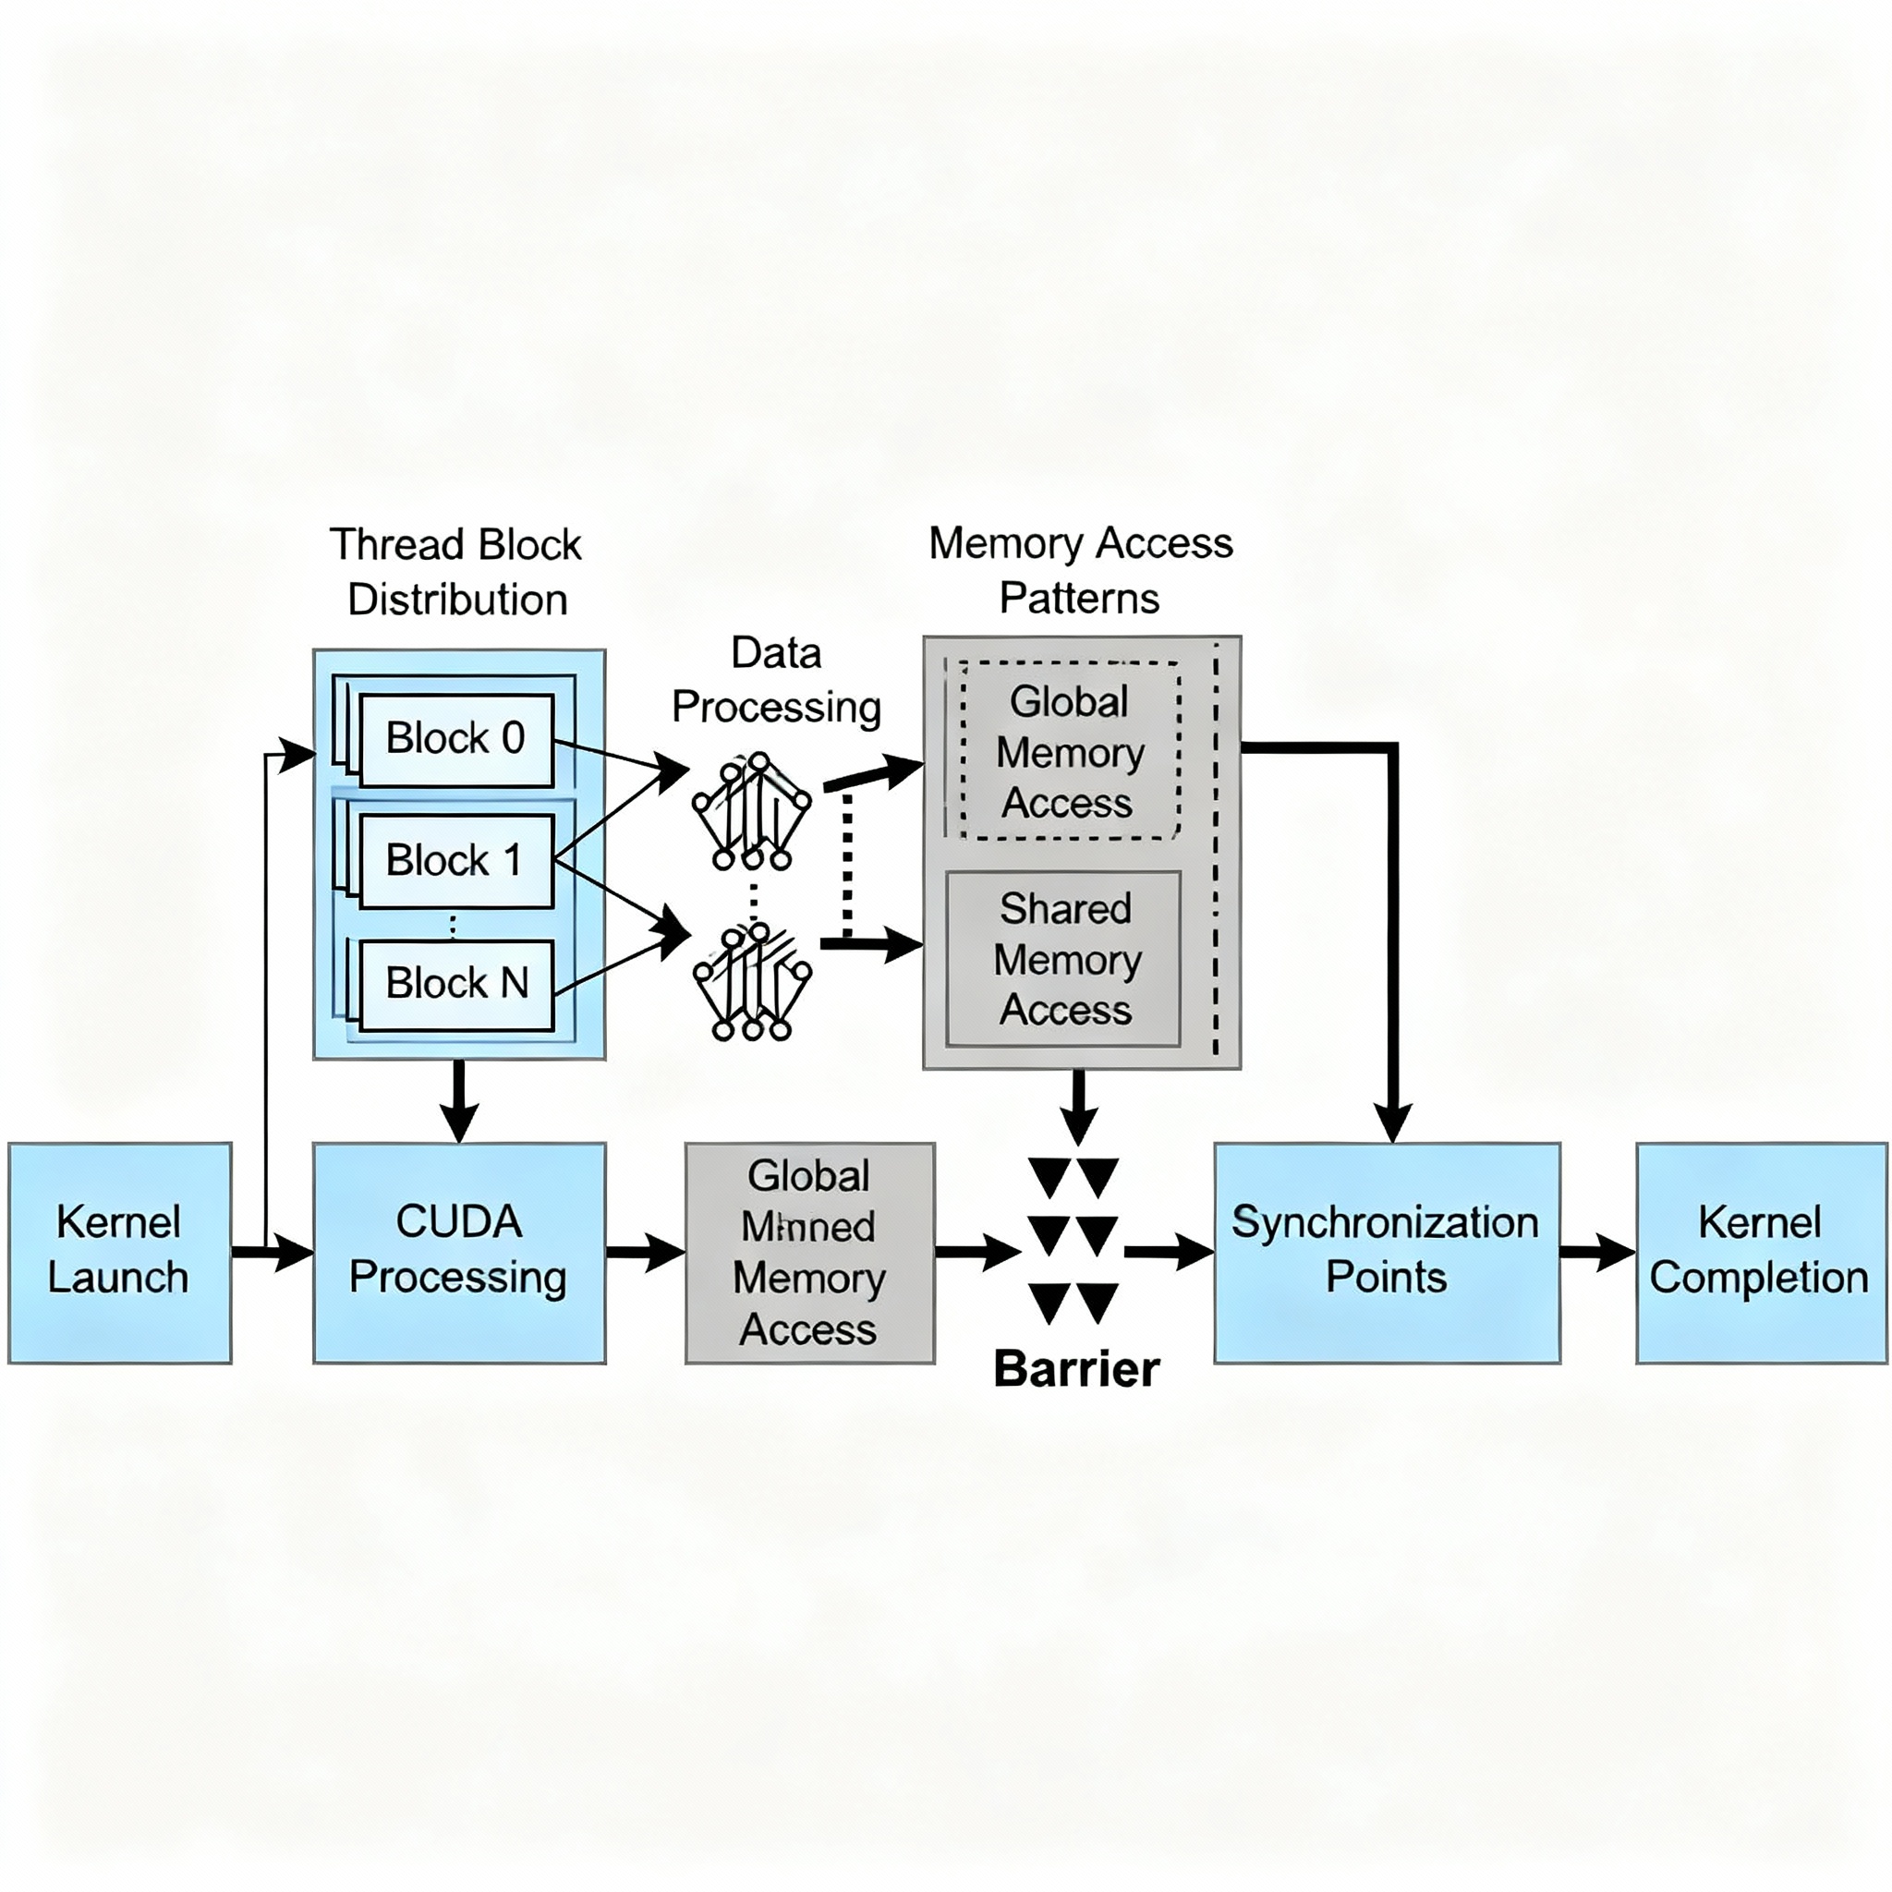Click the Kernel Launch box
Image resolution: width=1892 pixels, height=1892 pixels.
(x=119, y=1253)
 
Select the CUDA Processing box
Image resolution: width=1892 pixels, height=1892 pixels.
(x=458, y=1253)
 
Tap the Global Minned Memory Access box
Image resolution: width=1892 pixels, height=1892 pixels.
(x=809, y=1253)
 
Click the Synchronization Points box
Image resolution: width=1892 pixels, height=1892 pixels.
(x=1386, y=1253)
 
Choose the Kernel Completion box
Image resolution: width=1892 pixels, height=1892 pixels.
(x=1760, y=1253)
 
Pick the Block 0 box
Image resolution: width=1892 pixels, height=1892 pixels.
(x=456, y=739)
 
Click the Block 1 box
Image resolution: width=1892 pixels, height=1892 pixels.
(x=456, y=861)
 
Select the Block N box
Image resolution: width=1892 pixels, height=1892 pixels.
(x=456, y=984)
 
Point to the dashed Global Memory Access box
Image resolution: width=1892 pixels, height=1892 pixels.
(x=1070, y=752)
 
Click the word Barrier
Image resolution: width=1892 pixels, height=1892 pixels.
(x=1076, y=1368)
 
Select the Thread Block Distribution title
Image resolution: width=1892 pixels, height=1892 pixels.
(x=456, y=572)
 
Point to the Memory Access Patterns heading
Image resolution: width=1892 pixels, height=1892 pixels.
(x=1080, y=570)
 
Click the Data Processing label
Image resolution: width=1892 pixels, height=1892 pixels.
(x=777, y=681)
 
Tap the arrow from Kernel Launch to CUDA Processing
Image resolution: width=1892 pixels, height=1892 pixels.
(x=273, y=1253)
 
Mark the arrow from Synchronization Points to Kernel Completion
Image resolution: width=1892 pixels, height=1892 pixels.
(x=1597, y=1253)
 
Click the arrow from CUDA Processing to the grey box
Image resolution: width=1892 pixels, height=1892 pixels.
(x=645, y=1253)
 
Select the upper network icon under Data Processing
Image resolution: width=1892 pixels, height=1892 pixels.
(x=751, y=811)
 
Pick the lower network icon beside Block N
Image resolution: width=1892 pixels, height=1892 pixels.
(x=751, y=983)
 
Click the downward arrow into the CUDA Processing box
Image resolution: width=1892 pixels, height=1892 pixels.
(x=458, y=1102)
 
